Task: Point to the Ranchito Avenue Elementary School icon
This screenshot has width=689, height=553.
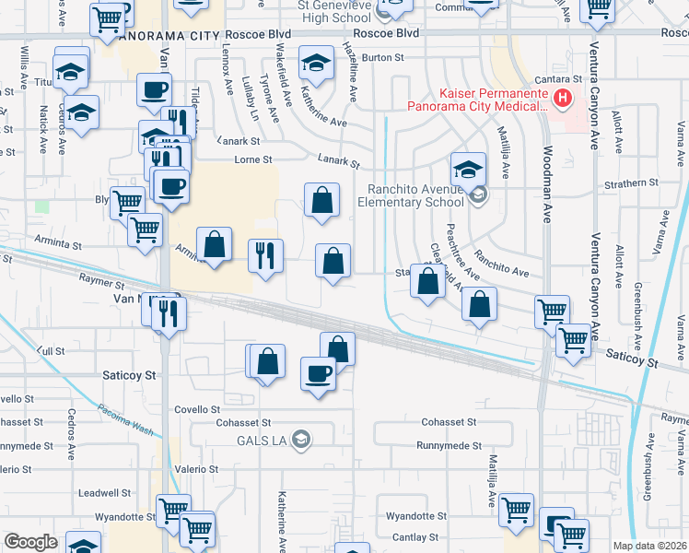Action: click(x=477, y=194)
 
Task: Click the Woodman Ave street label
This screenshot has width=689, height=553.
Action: click(x=547, y=194)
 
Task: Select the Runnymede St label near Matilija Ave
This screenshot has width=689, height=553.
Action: click(x=447, y=445)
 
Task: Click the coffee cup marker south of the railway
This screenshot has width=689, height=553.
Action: click(x=319, y=374)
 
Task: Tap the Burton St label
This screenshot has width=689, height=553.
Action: click(x=377, y=57)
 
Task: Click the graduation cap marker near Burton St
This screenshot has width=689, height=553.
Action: click(x=316, y=65)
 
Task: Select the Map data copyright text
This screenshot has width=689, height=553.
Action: click(x=649, y=546)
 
